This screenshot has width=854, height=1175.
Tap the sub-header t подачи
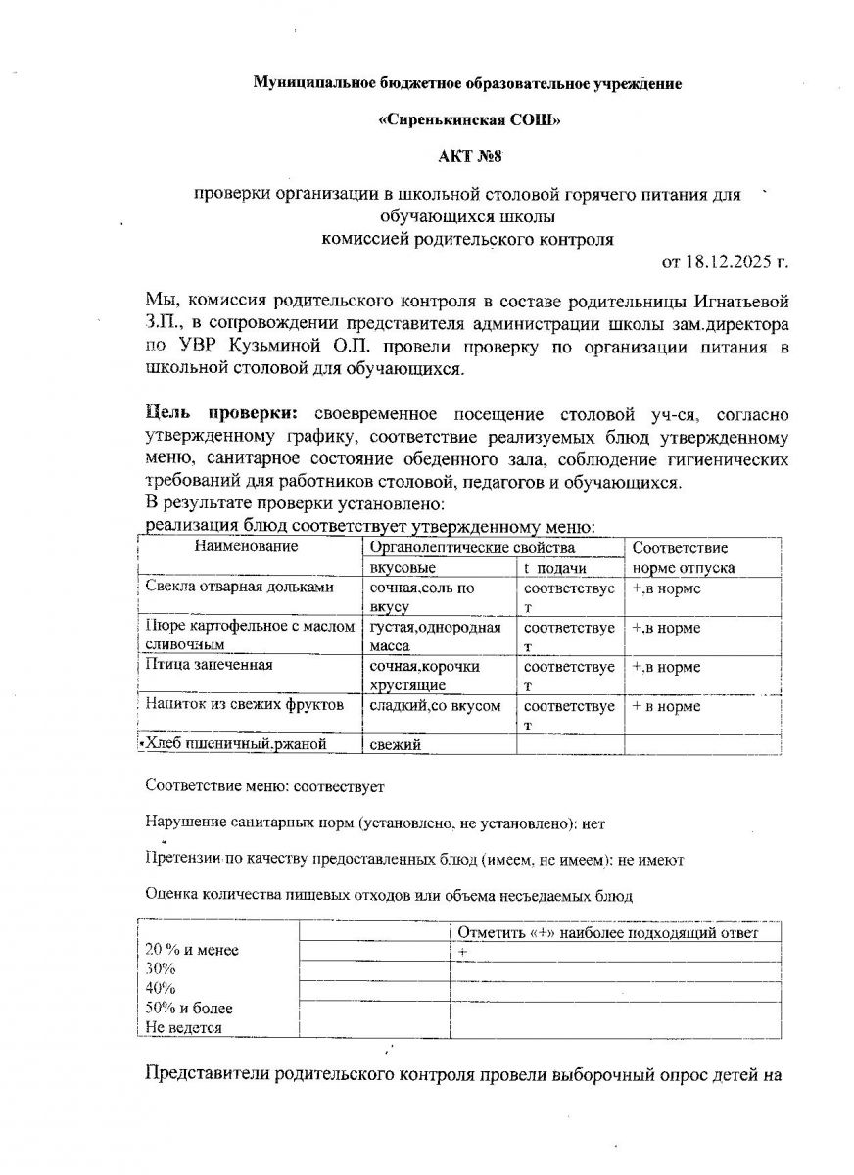tap(555, 568)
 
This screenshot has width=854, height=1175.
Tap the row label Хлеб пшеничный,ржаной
tap(238, 745)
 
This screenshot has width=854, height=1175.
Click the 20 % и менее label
tap(192, 950)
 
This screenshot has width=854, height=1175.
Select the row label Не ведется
tap(183, 1028)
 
